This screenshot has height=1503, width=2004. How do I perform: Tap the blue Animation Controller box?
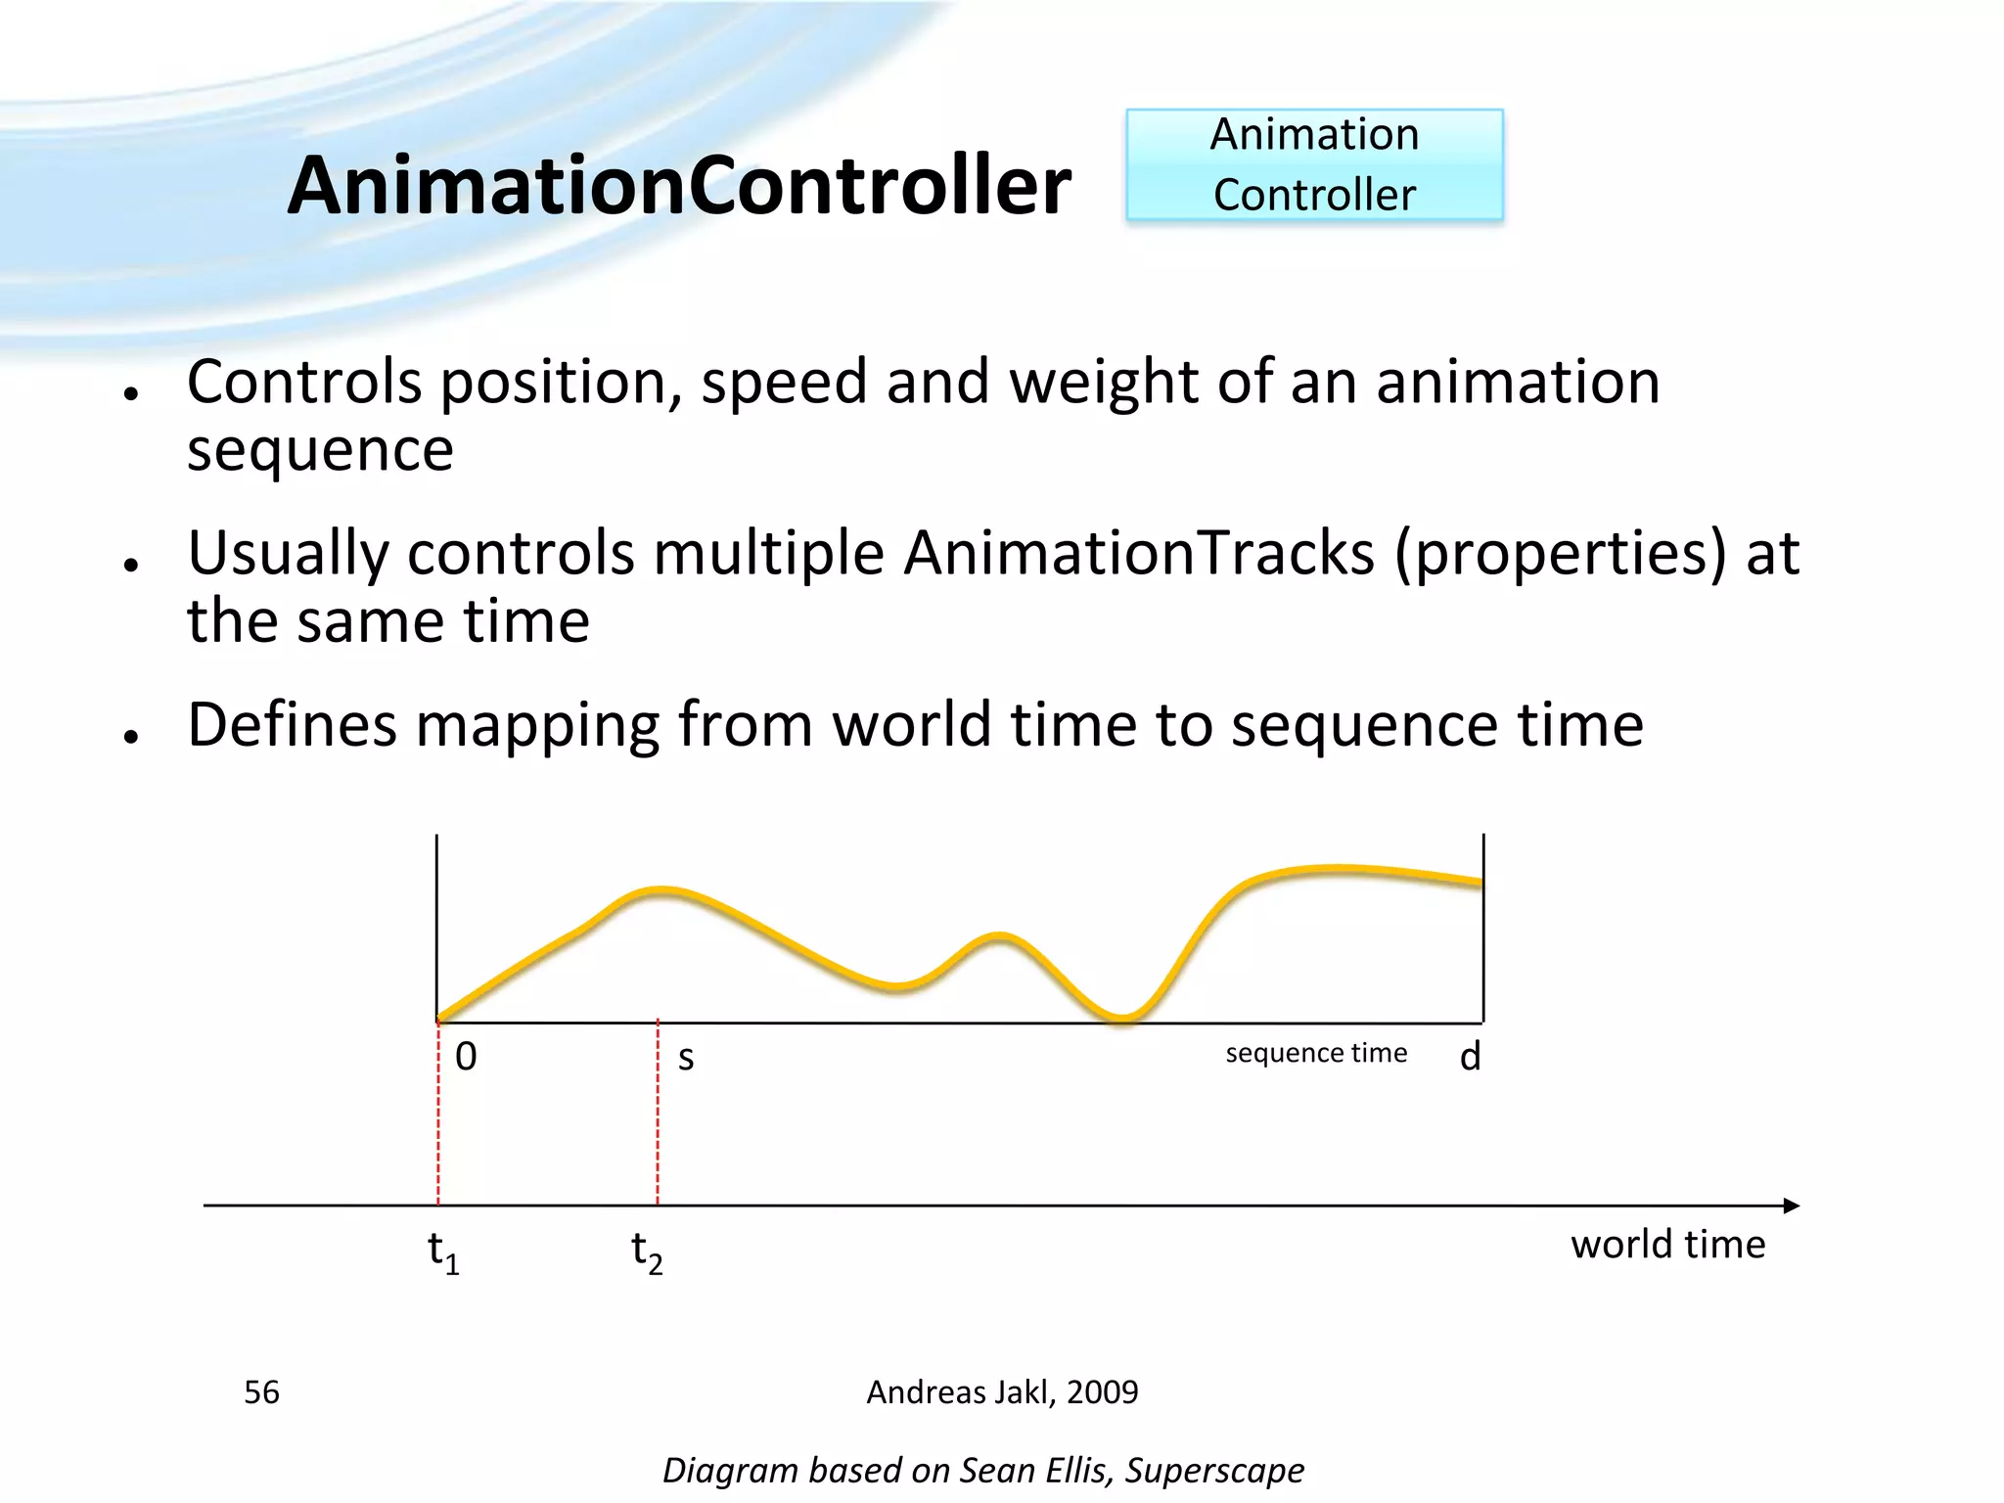pos(1314,164)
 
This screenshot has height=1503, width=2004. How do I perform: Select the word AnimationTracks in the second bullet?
pos(1139,554)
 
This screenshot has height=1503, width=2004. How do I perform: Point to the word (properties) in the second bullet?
pos(1561,554)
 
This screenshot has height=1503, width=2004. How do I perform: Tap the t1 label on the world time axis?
pos(443,1252)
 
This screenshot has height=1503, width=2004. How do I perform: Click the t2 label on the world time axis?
pos(647,1252)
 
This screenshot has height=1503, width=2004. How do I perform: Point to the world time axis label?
pos(1667,1245)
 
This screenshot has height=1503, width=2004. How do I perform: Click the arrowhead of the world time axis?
pos(1791,1206)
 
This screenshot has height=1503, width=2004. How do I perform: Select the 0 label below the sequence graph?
pos(466,1057)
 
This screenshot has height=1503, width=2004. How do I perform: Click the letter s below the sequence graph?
pos(686,1058)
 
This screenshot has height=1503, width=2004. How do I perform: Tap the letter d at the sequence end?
pos(1470,1057)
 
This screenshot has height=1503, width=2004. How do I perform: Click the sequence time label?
pos(1316,1053)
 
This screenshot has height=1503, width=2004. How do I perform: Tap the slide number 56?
pos(261,1391)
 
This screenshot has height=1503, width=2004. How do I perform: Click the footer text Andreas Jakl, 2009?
pos(1002,1391)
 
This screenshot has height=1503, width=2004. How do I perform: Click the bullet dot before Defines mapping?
pos(131,736)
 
